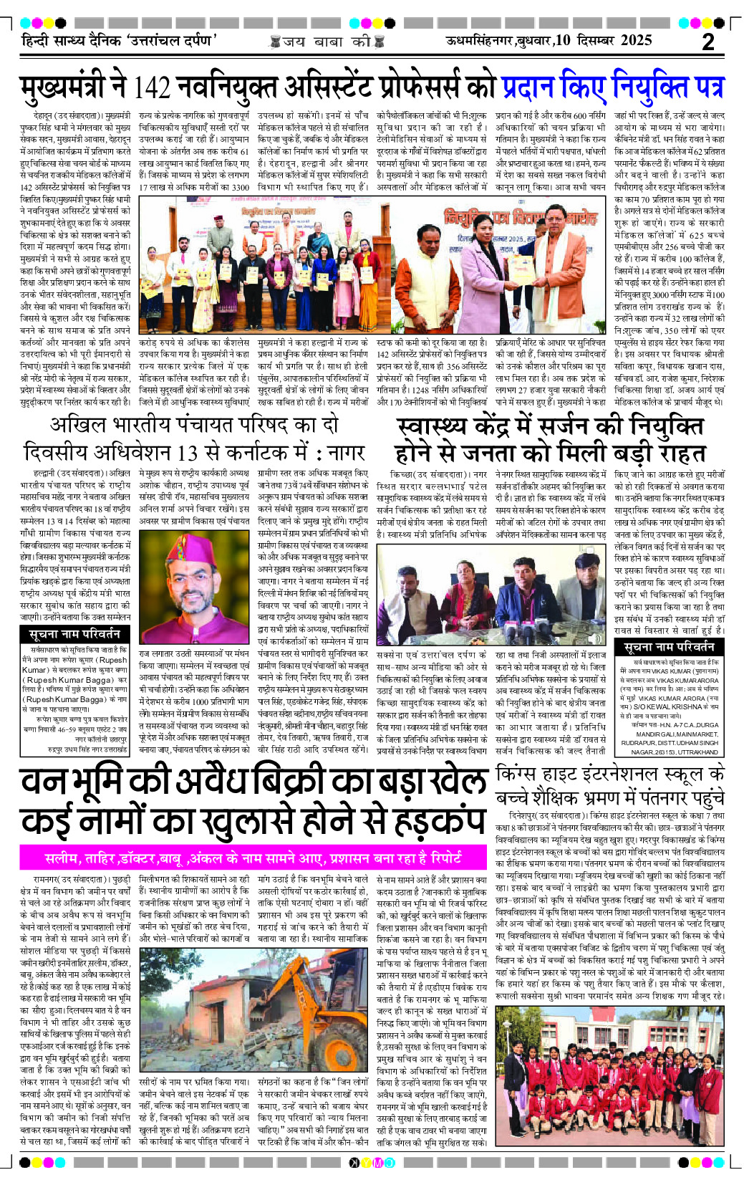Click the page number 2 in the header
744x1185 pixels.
click(x=708, y=42)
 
